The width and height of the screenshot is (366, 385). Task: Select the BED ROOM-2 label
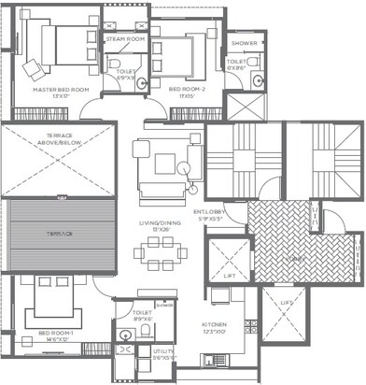coord(187,90)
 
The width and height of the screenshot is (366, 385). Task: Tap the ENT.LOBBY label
coord(208,213)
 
